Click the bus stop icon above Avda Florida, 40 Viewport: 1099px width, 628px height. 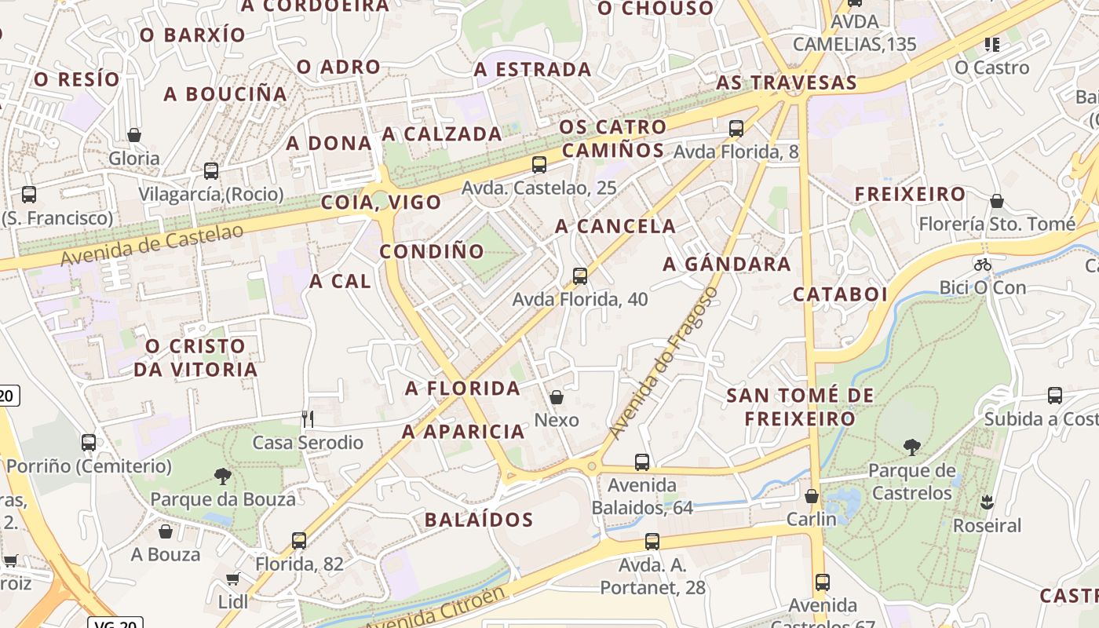[580, 276]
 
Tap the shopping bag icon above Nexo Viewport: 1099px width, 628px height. [557, 397]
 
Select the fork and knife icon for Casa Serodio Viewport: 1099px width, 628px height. [308, 419]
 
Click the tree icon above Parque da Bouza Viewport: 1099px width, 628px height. [223, 475]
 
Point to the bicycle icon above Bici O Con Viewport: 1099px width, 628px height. [982, 265]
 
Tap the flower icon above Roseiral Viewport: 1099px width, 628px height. [987, 502]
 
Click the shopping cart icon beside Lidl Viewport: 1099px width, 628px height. [232, 579]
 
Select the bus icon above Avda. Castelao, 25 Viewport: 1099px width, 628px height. [539, 164]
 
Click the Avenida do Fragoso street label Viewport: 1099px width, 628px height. [663, 363]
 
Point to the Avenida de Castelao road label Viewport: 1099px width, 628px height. [152, 244]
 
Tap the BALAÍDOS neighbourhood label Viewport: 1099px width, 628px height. [479, 520]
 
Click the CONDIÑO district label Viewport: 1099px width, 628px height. [432, 252]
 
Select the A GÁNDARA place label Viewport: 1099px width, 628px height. [727, 265]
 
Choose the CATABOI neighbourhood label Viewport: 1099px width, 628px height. [840, 295]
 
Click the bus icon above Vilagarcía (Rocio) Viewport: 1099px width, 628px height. [210, 170]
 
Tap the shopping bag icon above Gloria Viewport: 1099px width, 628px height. [134, 135]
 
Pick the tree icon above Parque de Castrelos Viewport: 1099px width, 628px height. [911, 447]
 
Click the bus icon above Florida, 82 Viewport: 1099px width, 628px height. [299, 540]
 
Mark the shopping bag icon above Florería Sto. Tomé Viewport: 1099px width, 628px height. [997, 201]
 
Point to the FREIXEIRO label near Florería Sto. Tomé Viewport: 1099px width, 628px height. [910, 194]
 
